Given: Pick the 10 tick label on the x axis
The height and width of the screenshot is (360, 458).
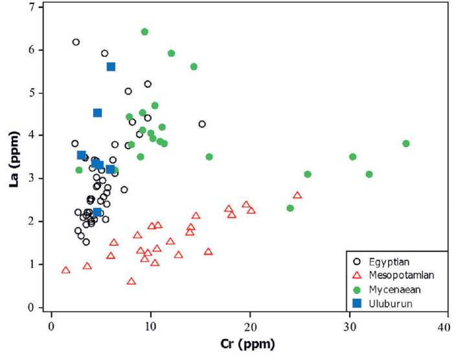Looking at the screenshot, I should tap(150, 322).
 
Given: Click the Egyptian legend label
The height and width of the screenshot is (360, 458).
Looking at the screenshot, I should tap(389, 262).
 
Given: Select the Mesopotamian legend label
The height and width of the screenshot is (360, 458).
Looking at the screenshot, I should tap(398, 275).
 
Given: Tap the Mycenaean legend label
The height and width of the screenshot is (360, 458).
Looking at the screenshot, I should tap(393, 289).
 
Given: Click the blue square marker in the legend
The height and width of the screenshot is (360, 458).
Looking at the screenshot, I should tap(356, 302).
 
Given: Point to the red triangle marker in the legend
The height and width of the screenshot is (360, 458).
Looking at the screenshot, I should tap(356, 275).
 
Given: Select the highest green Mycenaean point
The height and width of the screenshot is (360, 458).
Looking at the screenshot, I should tap(144, 32).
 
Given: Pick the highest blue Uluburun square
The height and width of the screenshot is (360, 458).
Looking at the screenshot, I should tap(111, 67).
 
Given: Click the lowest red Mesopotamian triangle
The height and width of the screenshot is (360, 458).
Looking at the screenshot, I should tap(132, 282).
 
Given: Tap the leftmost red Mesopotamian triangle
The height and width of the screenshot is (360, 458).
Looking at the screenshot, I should tap(65, 270).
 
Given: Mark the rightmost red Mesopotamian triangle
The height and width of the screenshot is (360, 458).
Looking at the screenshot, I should tap(297, 196).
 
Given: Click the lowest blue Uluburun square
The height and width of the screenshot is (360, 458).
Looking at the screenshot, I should tap(97, 212).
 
